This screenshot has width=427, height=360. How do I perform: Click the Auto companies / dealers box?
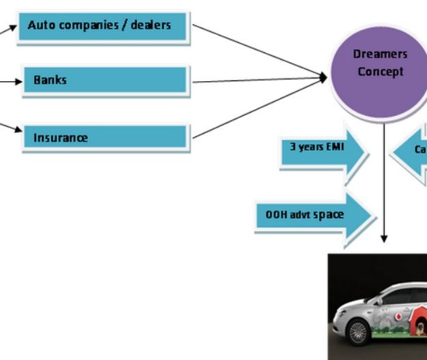102,27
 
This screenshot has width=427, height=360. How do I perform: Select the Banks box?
106,80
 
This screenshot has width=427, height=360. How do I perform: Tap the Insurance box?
106,138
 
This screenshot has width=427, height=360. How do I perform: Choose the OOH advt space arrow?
313,215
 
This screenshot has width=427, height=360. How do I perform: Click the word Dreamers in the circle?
380,54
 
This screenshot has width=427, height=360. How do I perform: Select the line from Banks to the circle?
259,80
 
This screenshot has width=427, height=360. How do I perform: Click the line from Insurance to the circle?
259,109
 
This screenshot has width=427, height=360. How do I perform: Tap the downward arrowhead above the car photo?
384,239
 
